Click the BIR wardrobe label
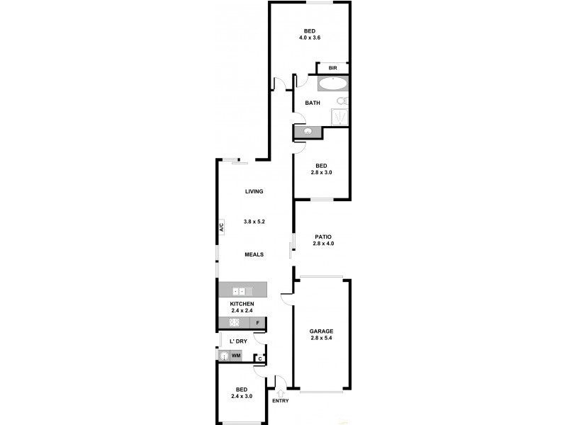click(x=332, y=68)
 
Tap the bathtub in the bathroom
click(x=332, y=85)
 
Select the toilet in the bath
click(x=342, y=101)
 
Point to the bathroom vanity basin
click(x=308, y=132)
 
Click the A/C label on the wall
click(x=220, y=228)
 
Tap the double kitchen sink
click(x=240, y=290)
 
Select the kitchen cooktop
click(x=235, y=323)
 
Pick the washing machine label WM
click(x=236, y=354)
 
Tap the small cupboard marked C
click(x=260, y=359)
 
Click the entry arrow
click(x=281, y=392)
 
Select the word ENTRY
click(x=281, y=402)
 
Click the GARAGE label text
click(x=321, y=331)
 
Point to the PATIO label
click(x=323, y=237)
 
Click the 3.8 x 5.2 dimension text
click(x=254, y=222)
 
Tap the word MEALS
click(x=254, y=254)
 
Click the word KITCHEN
click(x=242, y=303)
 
